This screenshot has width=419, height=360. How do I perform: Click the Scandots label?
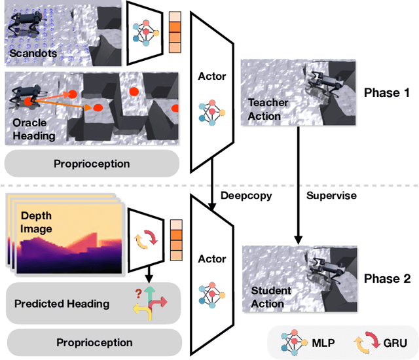(33, 53)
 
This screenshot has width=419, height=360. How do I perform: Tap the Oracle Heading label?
(34, 129)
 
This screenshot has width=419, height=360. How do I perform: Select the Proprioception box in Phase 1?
(92, 164)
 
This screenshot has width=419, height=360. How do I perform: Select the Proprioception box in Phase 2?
(94, 342)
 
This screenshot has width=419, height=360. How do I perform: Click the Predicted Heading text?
(62, 304)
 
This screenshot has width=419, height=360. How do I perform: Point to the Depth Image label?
(36, 222)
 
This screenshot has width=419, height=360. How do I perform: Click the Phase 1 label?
(387, 93)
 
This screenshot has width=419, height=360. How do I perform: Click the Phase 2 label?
(387, 279)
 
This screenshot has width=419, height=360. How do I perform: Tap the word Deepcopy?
(246, 196)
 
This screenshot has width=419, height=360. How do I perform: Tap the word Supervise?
(331, 196)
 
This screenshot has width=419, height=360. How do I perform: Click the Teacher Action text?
(268, 109)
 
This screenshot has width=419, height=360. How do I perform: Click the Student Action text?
(270, 297)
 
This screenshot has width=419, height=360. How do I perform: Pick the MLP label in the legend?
(323, 342)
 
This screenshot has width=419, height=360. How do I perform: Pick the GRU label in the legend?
(395, 343)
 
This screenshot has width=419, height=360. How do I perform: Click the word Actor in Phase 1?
(212, 77)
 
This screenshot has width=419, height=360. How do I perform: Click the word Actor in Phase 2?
(212, 259)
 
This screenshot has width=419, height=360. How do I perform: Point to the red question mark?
(138, 294)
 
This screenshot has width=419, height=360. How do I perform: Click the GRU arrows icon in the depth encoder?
(146, 239)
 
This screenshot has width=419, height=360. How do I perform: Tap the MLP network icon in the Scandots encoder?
(146, 33)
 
